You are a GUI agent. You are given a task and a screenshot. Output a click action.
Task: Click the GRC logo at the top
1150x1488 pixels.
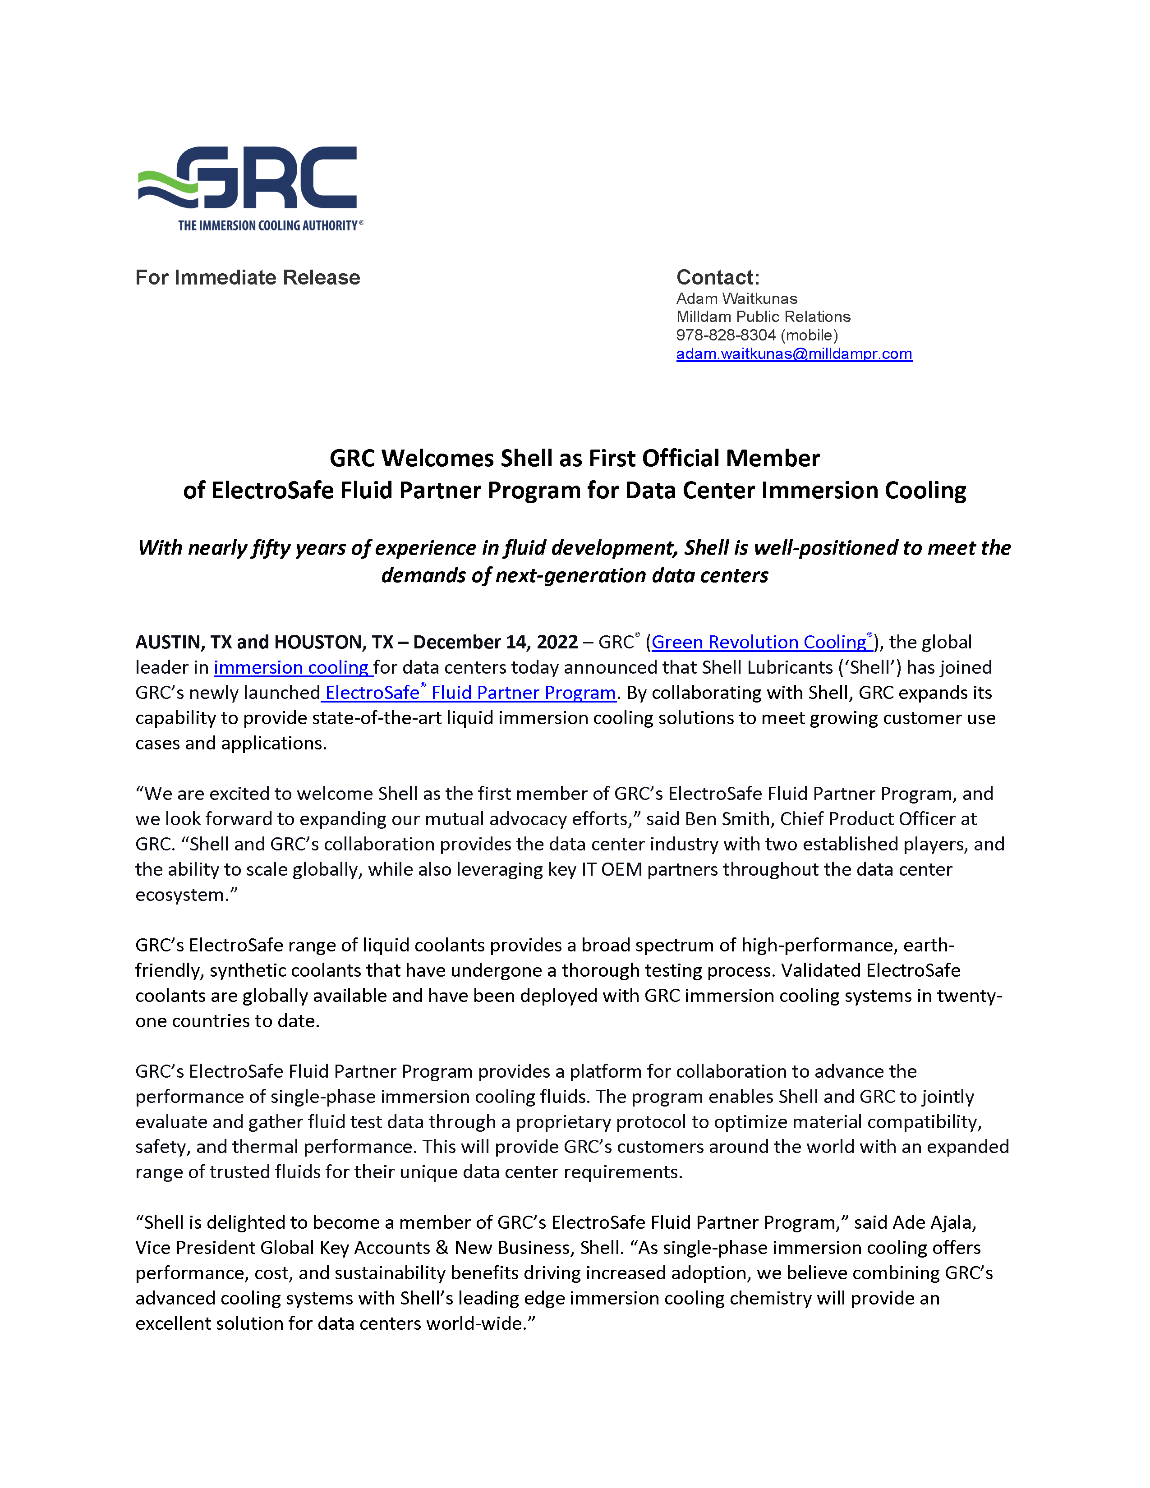pyautogui.click(x=250, y=179)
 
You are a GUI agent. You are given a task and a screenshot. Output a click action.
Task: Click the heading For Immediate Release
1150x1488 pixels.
pyautogui.click(x=247, y=277)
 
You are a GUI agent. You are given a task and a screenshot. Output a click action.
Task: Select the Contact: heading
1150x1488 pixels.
pyautogui.click(x=718, y=277)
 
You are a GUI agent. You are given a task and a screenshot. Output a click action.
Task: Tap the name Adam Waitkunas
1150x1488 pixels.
pyautogui.click(x=736, y=299)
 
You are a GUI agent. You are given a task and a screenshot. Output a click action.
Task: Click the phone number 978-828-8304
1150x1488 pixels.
pyautogui.click(x=726, y=335)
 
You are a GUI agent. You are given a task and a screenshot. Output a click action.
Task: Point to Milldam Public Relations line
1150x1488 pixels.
pyautogui.click(x=763, y=317)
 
